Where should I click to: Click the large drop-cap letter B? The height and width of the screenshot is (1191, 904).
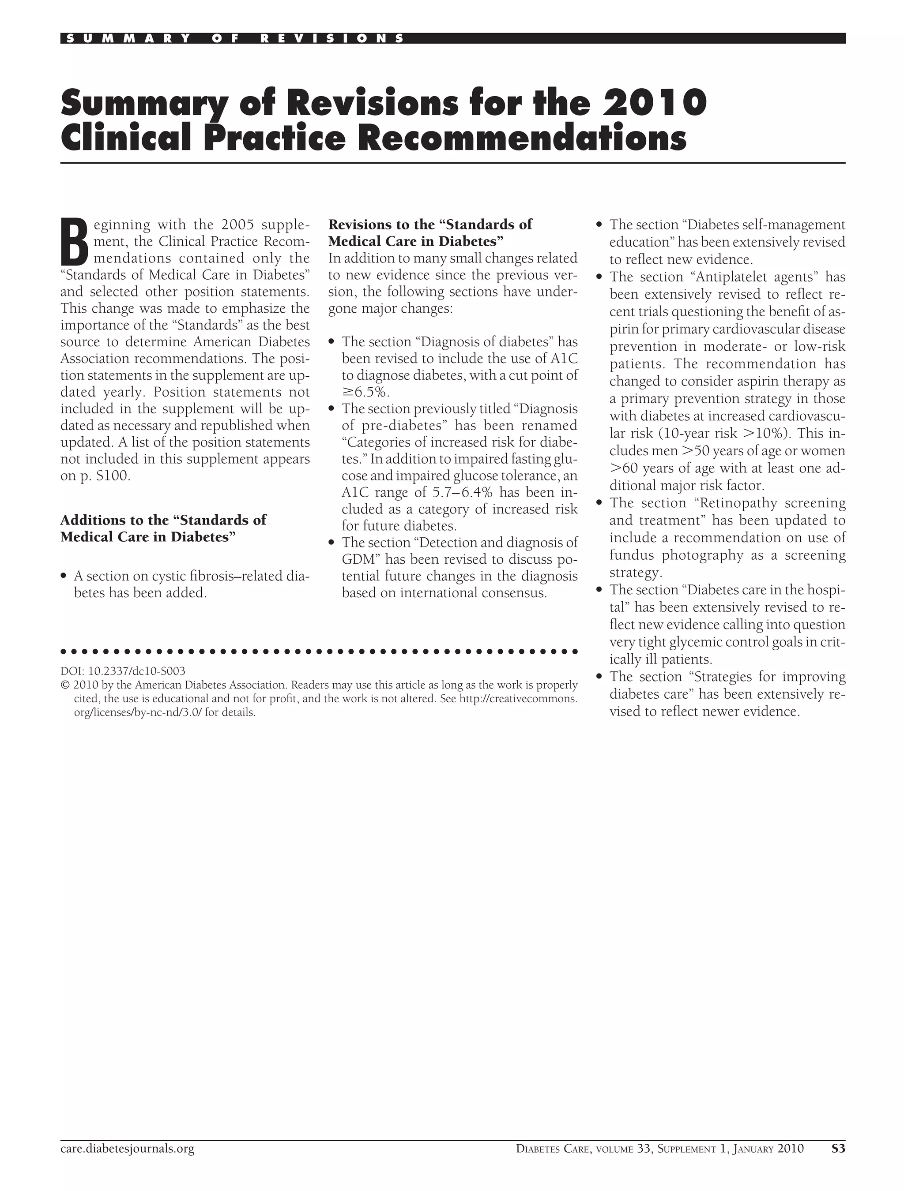coord(74,241)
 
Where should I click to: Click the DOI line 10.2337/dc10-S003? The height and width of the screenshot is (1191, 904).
coord(123,671)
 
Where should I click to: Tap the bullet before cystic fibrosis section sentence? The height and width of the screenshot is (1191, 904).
coord(64,577)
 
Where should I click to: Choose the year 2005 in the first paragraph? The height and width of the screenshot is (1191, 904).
coord(237,225)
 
